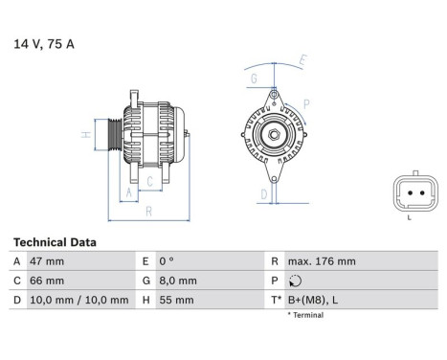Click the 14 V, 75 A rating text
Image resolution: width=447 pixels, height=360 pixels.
44,44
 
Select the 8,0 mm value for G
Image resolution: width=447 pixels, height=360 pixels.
180,281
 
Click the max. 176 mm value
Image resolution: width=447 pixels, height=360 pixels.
321,261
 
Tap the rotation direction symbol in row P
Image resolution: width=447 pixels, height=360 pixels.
293,281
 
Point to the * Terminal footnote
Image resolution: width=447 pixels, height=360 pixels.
305,315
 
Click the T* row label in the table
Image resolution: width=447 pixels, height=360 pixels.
277,300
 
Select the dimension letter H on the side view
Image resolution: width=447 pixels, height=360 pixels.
85,136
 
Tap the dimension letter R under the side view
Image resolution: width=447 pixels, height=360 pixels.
148,212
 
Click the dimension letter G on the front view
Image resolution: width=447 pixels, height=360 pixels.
253,78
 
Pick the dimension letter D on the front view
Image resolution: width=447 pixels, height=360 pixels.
263,193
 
